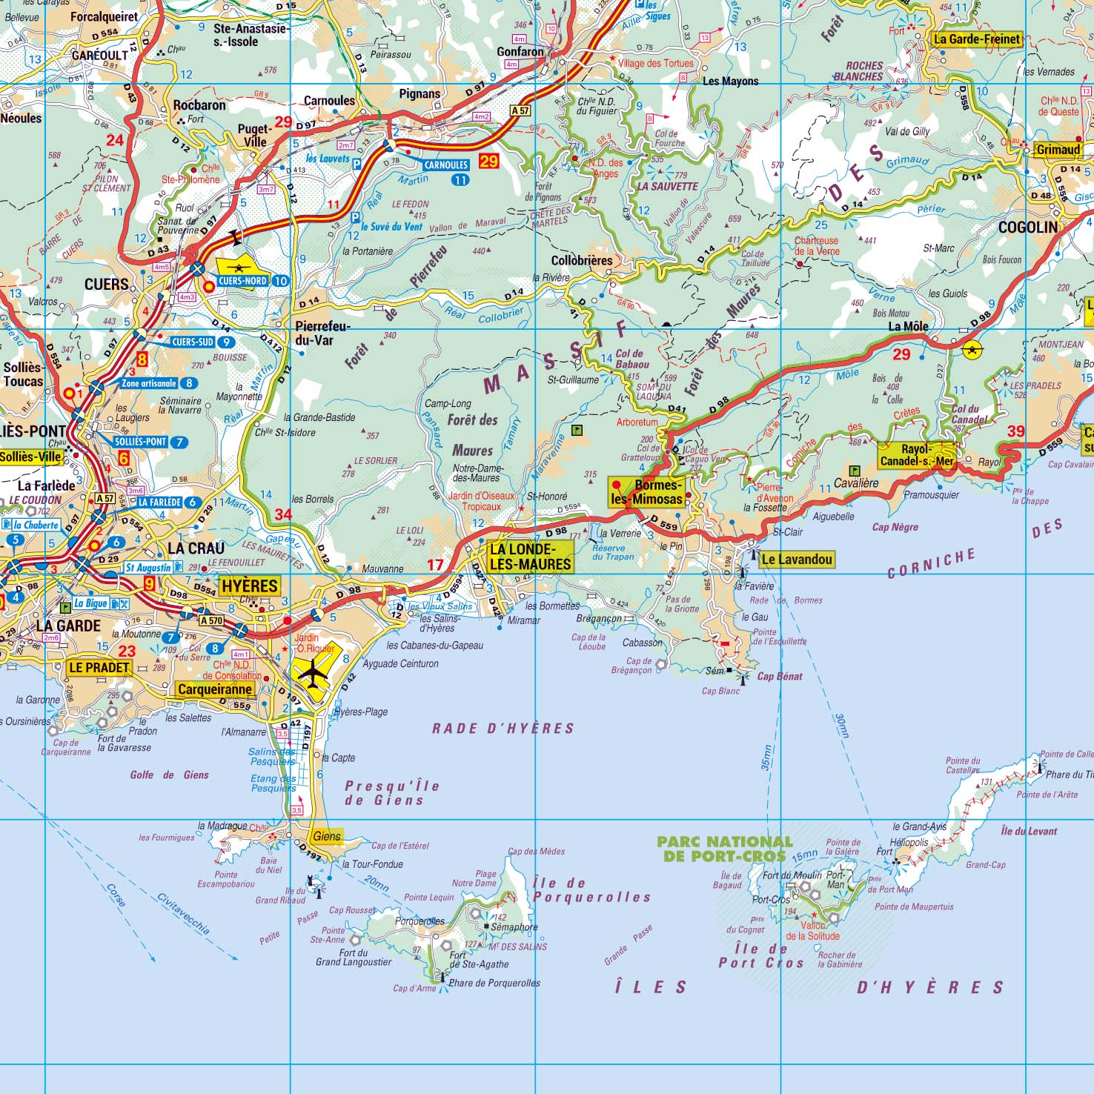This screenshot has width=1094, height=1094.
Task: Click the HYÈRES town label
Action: click(x=250, y=586)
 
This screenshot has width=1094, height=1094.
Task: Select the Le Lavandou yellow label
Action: click(x=796, y=560)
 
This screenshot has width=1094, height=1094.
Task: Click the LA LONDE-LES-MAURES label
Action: click(x=531, y=557)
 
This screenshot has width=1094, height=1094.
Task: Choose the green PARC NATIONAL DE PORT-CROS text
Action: click(x=724, y=849)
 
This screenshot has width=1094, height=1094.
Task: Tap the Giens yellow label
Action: click(x=326, y=836)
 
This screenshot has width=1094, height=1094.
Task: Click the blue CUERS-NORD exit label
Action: click(x=243, y=281)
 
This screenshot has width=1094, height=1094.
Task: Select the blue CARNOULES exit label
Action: click(x=446, y=165)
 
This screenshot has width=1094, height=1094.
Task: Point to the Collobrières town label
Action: click(x=582, y=261)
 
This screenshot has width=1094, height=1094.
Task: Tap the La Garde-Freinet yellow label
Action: click(x=976, y=39)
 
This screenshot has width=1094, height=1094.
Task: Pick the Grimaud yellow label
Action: click(x=1058, y=150)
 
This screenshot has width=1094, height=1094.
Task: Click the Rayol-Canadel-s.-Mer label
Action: click(x=916, y=455)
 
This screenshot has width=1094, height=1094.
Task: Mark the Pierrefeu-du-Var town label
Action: click(x=322, y=334)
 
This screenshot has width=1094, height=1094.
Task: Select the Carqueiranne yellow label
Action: click(x=215, y=689)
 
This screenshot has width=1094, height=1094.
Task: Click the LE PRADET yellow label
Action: click(x=99, y=667)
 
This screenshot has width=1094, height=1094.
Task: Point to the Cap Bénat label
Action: click(x=779, y=676)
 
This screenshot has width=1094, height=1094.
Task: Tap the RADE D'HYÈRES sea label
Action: click(x=503, y=729)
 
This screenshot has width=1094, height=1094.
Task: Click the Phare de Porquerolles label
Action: click(x=494, y=983)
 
